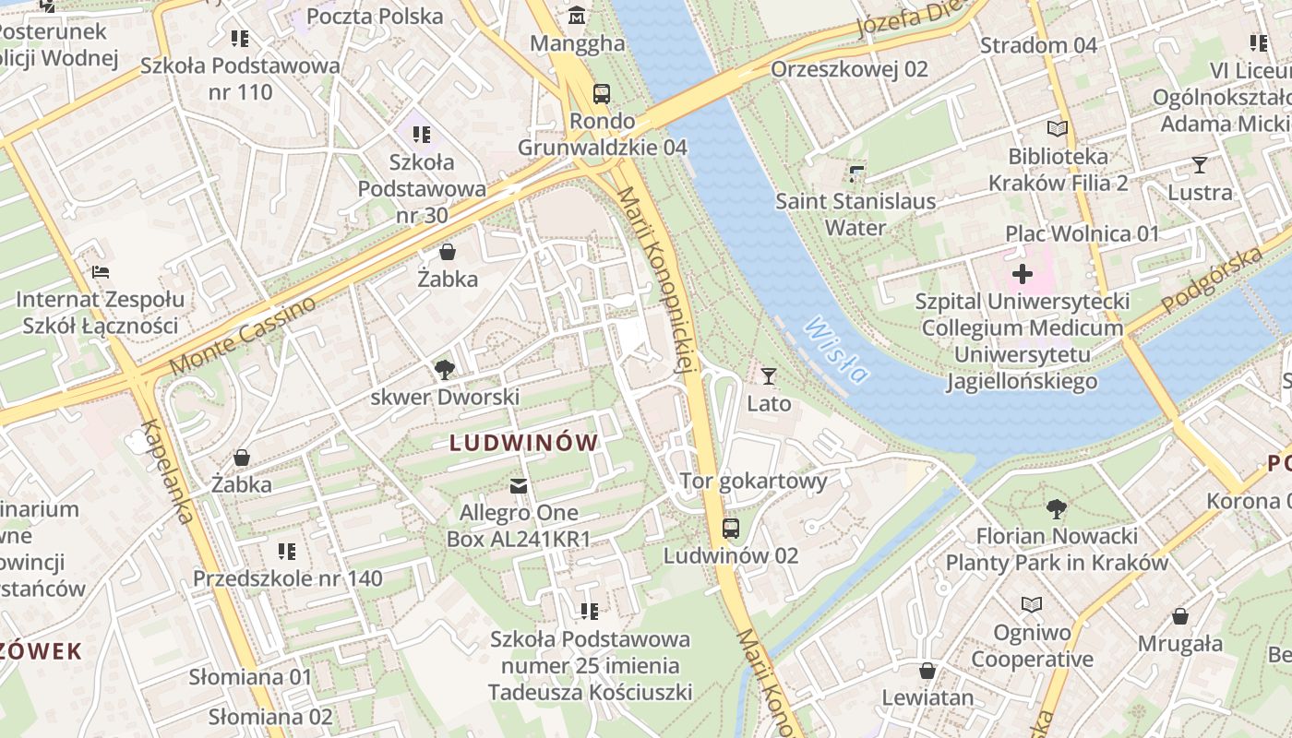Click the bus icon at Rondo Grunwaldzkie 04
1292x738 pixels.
point(602,93)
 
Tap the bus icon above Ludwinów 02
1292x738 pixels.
point(730,528)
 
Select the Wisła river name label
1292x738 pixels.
point(836,350)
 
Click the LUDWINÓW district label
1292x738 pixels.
point(524,443)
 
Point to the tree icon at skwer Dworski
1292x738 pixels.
point(445,370)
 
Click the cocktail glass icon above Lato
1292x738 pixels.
point(768,375)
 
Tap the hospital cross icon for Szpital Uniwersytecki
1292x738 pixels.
point(1023,274)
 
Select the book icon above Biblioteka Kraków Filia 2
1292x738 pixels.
point(1058,129)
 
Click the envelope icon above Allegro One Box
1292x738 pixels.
point(519,485)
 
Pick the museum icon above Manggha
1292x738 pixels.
point(578,16)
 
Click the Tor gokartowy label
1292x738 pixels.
point(754,481)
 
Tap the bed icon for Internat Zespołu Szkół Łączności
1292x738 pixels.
point(101,272)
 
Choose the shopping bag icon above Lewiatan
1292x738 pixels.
point(927,671)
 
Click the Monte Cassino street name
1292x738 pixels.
point(243,336)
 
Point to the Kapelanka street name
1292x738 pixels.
point(167,471)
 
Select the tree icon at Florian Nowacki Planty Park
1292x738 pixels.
point(1057,508)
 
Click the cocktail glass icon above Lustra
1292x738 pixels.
point(1200,165)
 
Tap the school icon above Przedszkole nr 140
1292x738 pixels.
point(287,552)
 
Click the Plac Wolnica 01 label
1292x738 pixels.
point(1082,233)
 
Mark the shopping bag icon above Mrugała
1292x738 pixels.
point(1180,616)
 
